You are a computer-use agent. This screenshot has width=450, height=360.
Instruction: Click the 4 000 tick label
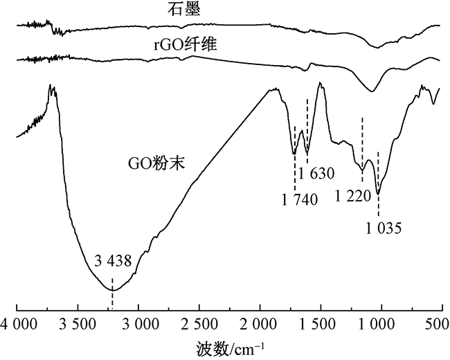pyautogui.click(x=18, y=323)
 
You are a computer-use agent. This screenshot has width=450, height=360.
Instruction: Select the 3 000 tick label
pyautogui.click(x=138, y=323)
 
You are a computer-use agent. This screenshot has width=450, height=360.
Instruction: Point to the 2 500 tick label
pyautogui.click(x=199, y=323)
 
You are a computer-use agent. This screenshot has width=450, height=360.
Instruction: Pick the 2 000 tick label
pyautogui.click(x=260, y=323)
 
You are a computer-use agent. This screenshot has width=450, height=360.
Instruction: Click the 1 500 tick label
pyautogui.click(x=321, y=323)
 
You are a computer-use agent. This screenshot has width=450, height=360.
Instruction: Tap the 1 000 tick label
pyautogui.click(x=381, y=323)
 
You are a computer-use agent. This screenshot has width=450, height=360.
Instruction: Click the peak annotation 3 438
pyautogui.click(x=112, y=262)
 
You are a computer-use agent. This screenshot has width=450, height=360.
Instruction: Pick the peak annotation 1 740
pyautogui.click(x=299, y=201)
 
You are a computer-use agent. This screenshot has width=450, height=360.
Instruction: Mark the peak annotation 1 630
pyautogui.click(x=315, y=172)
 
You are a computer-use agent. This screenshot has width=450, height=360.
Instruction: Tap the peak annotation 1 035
pyautogui.click(x=384, y=226)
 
